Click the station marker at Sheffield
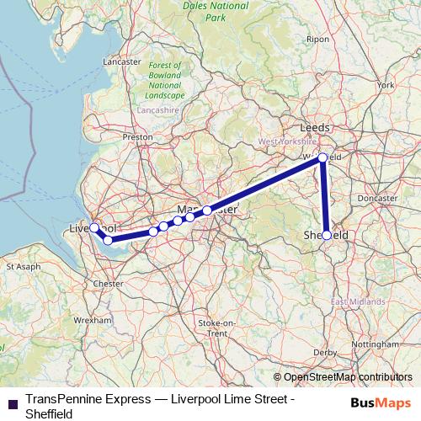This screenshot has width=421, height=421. [x=327, y=236]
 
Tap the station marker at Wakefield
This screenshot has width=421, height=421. [x=322, y=157]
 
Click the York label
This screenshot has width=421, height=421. [x=386, y=85]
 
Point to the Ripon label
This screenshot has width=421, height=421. [x=318, y=39]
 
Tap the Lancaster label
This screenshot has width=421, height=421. [x=121, y=62]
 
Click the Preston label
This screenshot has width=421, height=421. [x=138, y=136]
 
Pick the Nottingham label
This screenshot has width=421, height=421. [x=376, y=345]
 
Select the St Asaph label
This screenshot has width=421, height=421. [x=23, y=266]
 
